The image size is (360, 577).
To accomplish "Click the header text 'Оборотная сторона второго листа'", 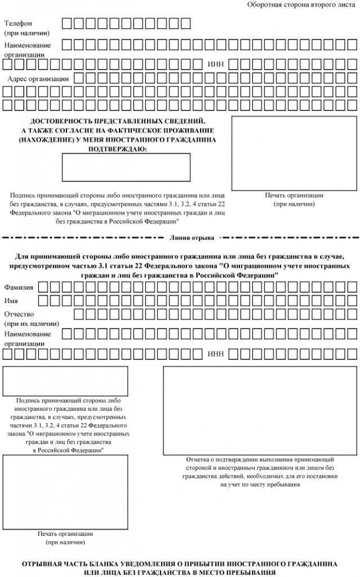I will pos(301,5).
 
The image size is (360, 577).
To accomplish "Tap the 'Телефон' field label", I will pos(18,23).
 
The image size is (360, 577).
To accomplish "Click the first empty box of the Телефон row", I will pos(66,23).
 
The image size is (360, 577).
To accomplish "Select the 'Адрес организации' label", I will pos(38,78).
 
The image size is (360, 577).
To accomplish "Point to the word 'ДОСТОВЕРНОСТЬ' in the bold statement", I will pos(59,122).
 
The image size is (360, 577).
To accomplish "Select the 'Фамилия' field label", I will pos(19,287).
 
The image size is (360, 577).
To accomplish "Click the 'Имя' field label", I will pos(11,300).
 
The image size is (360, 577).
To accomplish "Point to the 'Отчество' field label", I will pos(20,314).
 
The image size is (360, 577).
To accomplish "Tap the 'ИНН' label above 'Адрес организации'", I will pos(216,64).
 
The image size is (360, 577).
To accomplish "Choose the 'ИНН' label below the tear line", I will pos(216,354).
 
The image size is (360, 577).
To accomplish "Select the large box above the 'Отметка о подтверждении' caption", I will pos(260,410).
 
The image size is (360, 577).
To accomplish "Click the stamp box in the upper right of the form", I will pos(294,153).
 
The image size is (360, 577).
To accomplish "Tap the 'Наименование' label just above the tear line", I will pos(28,45).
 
